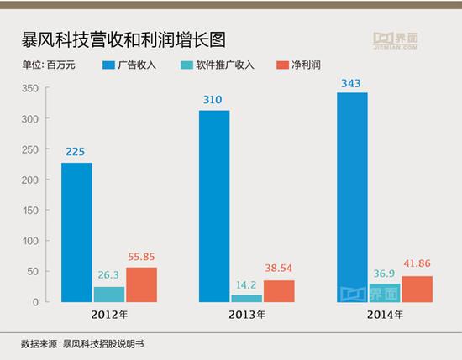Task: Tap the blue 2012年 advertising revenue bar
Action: point(76,232)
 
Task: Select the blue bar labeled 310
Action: point(213,206)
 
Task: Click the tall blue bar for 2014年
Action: point(352,196)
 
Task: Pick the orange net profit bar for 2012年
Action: point(141,284)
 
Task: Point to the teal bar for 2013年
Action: point(247,298)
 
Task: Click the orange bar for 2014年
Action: point(417,289)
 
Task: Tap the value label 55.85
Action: point(141,257)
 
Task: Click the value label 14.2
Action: point(247,284)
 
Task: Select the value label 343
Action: point(352,81)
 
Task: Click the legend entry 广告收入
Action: point(140,65)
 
